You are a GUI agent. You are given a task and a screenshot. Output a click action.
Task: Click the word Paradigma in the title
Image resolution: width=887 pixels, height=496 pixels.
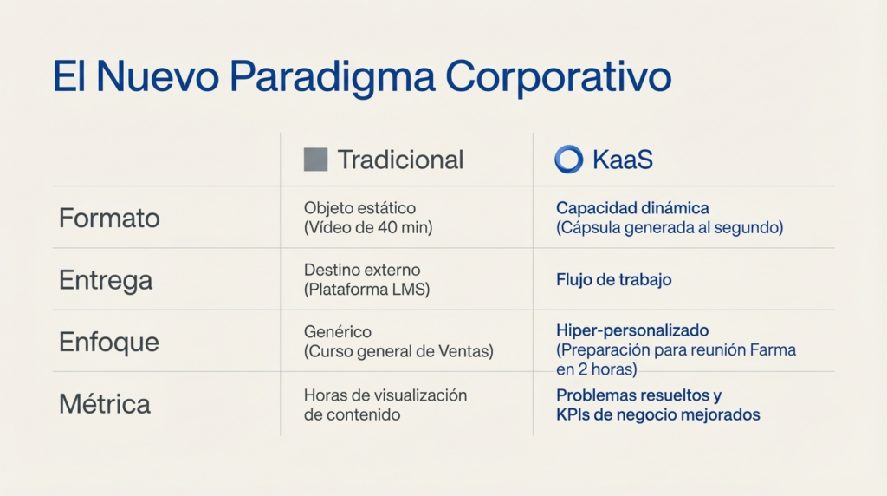[x=332, y=77]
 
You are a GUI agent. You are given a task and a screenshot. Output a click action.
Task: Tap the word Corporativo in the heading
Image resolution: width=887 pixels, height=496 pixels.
[x=559, y=75]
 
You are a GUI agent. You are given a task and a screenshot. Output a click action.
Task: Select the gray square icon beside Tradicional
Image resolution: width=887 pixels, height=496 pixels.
[x=315, y=160]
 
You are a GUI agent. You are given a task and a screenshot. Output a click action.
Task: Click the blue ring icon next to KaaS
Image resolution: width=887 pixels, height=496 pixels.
[x=568, y=159]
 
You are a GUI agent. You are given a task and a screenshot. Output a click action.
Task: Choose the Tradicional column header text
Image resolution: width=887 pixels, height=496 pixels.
[x=400, y=160]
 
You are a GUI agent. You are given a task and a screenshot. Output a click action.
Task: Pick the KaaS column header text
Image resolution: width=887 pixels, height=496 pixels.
[x=622, y=160]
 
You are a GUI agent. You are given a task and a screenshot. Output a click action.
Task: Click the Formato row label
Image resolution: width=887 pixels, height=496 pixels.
[x=109, y=218]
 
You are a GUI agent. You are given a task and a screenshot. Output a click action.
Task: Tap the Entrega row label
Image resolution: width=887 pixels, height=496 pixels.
[x=106, y=281]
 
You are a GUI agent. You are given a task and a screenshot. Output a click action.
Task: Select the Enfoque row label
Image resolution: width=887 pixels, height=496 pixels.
[x=108, y=343]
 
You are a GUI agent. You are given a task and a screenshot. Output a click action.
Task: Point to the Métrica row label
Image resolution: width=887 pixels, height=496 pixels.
[x=105, y=404]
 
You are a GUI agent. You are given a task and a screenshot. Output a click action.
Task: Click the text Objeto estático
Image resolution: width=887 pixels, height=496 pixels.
[x=359, y=208]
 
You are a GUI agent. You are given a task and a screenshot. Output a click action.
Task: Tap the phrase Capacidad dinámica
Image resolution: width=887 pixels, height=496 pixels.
[x=632, y=208]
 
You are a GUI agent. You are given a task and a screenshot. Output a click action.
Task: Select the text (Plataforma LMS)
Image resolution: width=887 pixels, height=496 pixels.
[x=366, y=290]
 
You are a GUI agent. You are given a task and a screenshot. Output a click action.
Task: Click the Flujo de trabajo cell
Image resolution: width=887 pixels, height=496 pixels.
[x=614, y=280]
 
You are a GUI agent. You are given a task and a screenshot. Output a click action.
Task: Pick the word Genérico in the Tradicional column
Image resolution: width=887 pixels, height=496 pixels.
[x=338, y=332]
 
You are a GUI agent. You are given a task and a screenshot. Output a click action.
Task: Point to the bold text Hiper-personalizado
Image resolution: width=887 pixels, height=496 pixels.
[x=632, y=330]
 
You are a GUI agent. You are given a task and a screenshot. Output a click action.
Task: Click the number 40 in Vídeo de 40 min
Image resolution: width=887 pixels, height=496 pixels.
[x=387, y=227]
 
